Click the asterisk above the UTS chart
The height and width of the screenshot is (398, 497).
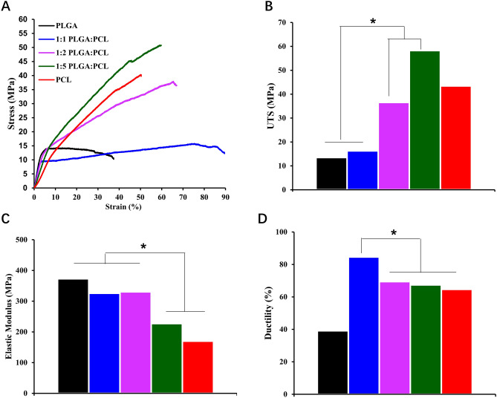[373, 22]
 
